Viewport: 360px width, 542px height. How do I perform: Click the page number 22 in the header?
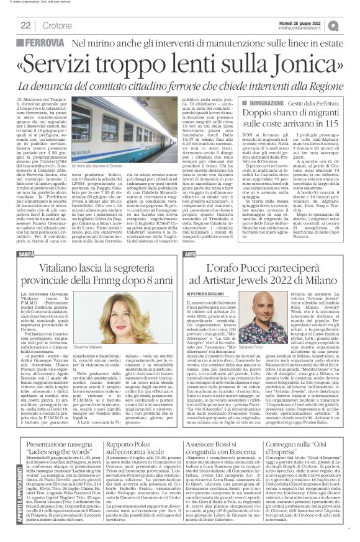[x=26, y=24]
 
